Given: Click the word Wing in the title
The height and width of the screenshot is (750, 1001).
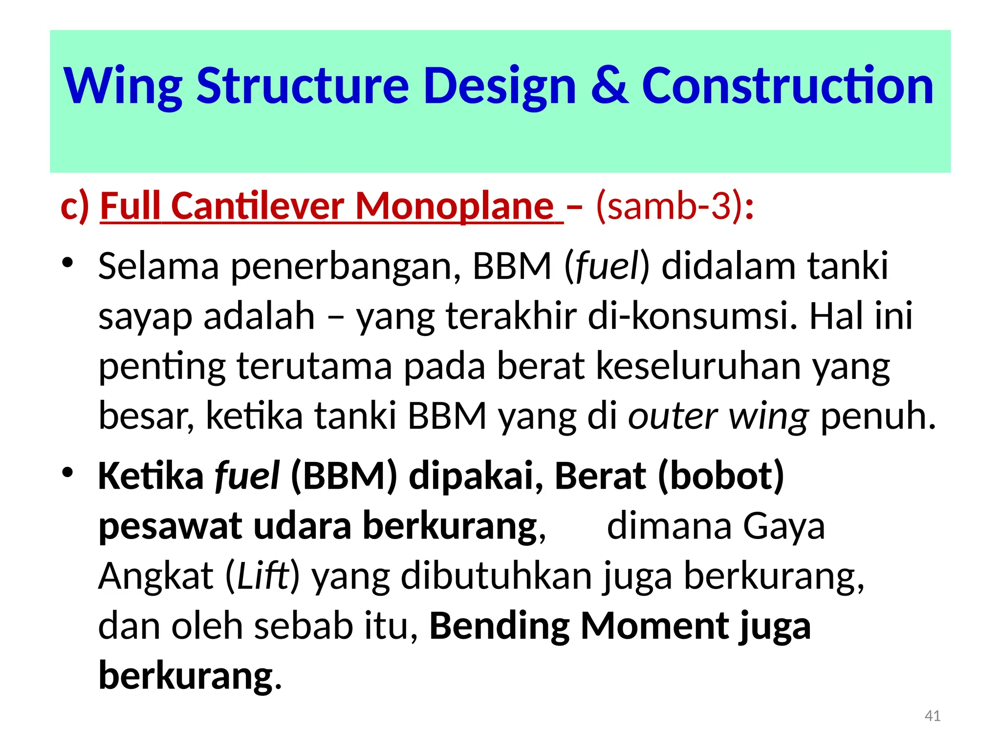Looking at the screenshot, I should [123, 87].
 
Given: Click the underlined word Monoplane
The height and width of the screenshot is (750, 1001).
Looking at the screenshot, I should [455, 206].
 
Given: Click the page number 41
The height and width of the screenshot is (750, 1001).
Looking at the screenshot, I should [933, 716].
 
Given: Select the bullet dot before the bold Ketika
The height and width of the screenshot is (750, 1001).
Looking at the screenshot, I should [67, 472].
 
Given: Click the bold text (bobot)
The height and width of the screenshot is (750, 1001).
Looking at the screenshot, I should [720, 476].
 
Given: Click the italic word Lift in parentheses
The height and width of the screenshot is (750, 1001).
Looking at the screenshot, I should [262, 576].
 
